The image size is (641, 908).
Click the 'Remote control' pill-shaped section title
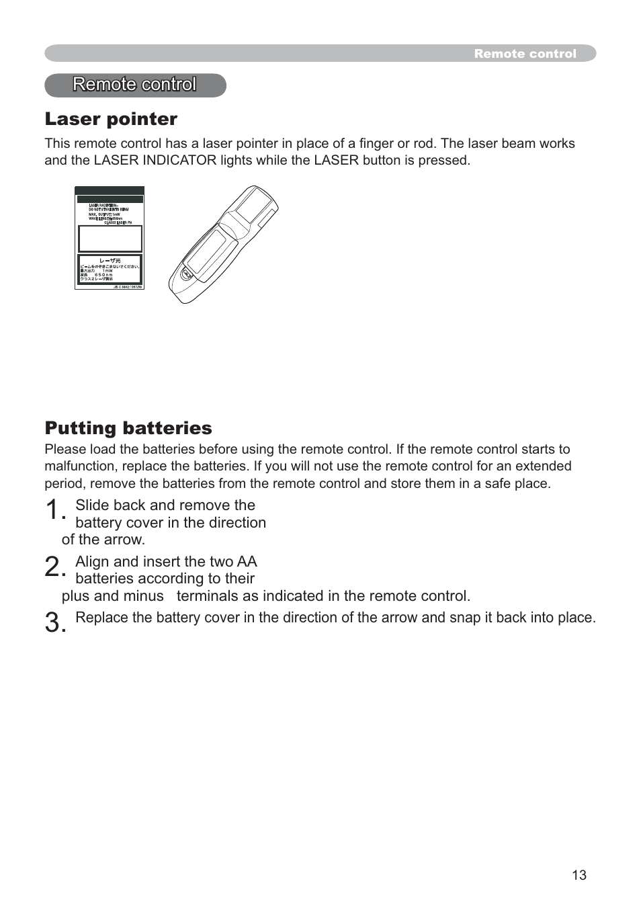[x=135, y=85]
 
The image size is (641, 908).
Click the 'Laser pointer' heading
[x=111, y=119]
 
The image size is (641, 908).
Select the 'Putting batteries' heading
[x=128, y=428]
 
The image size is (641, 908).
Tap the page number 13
[x=579, y=874]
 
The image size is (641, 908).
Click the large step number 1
[x=55, y=511]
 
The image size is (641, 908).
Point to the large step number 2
[x=55, y=568]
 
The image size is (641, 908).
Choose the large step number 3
[x=55, y=624]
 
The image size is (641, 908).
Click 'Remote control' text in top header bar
[x=525, y=54]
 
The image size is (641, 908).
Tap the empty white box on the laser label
[x=110, y=239]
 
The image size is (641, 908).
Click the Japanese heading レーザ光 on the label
[x=110, y=261]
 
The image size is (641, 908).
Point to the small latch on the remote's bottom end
[x=185, y=274]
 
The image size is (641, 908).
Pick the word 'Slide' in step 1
[x=91, y=505]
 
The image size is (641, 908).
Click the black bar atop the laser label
[x=110, y=199]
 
